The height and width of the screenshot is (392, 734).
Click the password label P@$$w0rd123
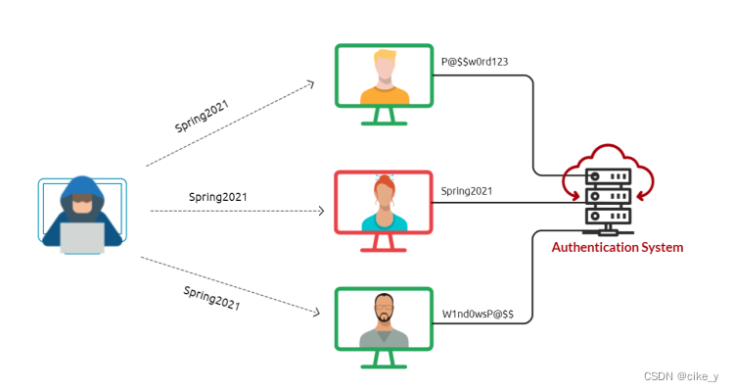coord(475,62)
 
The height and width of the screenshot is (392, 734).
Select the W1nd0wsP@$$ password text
coord(479,315)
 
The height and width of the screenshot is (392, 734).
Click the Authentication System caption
coord(618,248)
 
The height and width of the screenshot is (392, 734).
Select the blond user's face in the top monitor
coord(384,68)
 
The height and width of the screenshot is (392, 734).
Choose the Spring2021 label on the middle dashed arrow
coord(218,197)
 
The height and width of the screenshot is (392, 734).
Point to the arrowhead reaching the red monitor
coord(320,211)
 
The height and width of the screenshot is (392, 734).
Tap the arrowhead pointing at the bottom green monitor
coord(317,313)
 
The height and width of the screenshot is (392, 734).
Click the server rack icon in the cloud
coord(608,196)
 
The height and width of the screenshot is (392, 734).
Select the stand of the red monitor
coord(384,244)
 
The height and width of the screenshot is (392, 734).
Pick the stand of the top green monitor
coord(384,117)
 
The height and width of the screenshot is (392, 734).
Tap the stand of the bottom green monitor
coord(384,361)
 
